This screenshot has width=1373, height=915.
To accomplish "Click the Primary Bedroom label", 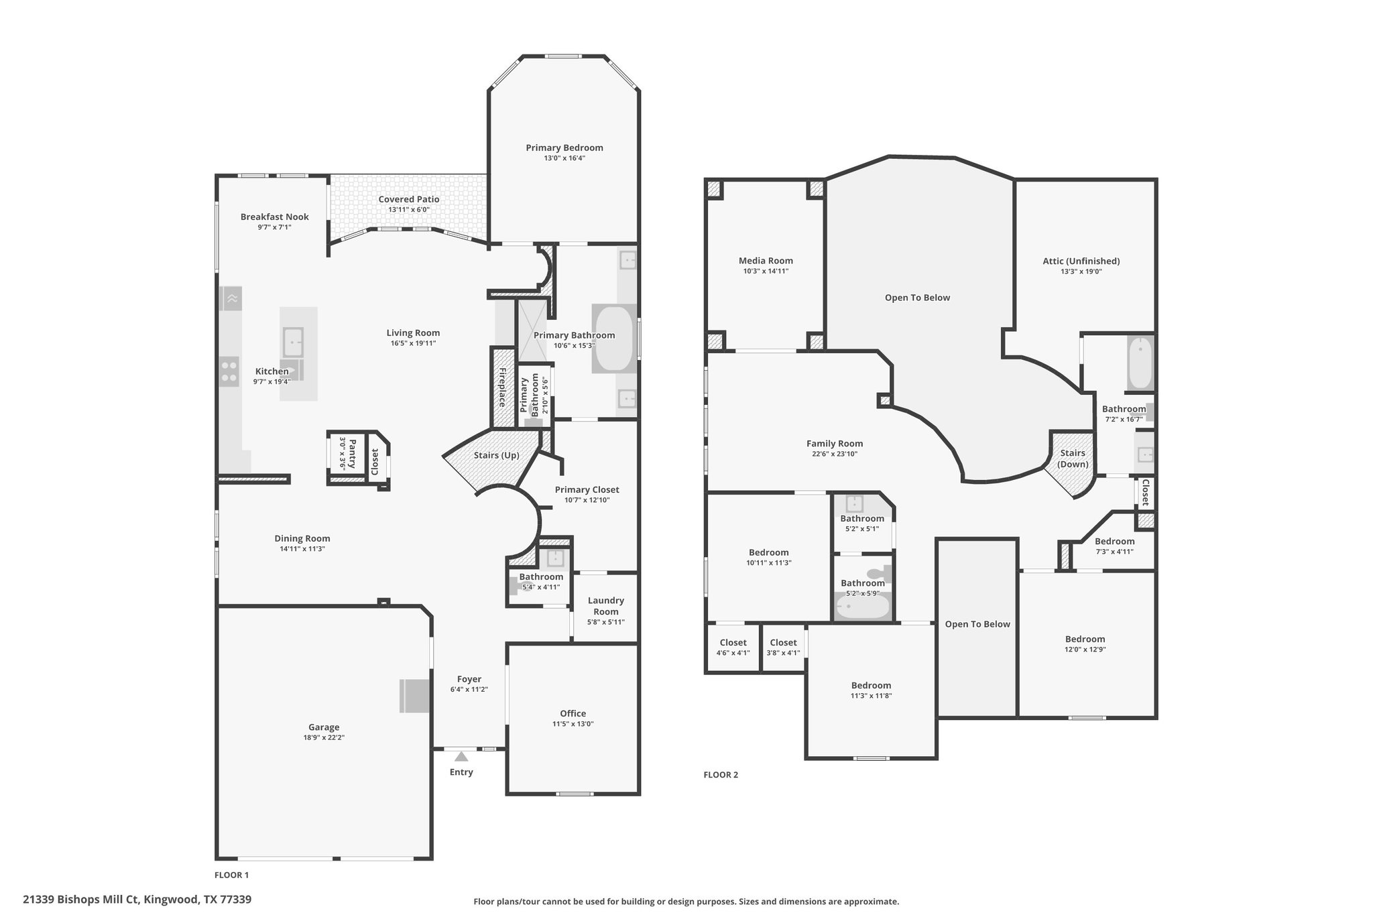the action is [564, 147].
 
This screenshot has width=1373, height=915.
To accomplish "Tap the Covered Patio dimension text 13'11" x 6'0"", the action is [408, 210].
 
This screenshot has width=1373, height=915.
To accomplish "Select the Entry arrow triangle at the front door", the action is [461, 757].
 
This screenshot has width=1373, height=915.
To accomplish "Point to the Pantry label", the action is [353, 454].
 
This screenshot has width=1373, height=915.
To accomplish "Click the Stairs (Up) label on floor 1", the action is [496, 455].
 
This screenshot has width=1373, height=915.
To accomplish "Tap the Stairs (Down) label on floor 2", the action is [1073, 459].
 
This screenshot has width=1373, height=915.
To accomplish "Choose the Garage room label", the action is [324, 727].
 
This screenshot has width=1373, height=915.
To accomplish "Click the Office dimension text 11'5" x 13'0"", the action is [573, 724].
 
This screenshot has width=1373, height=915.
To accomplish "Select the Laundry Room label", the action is [605, 606].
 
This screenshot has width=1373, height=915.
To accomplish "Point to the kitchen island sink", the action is [293, 342].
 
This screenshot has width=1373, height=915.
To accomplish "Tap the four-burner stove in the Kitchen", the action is [229, 371].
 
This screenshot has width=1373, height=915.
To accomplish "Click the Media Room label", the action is [766, 261].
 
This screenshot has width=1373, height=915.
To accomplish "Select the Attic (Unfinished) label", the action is [1081, 261].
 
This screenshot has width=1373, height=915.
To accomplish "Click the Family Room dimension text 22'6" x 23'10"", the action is [834, 454].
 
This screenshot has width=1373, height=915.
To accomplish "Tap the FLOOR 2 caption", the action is [721, 775].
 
